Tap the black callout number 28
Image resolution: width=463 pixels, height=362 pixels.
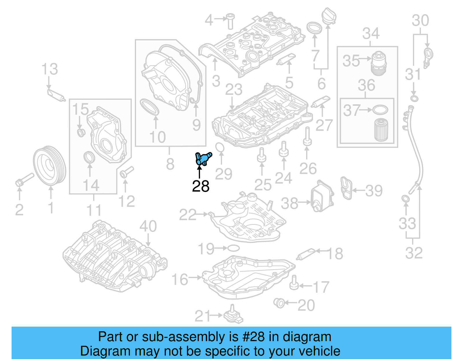click(x=201, y=186)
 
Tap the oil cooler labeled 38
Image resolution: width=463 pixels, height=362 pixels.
click(x=322, y=197)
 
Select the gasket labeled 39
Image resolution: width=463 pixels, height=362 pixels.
click(x=346, y=188)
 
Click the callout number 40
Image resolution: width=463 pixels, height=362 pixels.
click(x=148, y=226)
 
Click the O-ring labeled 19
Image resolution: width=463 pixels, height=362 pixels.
click(x=233, y=248)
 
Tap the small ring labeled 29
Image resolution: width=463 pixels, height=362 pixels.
click(x=220, y=147)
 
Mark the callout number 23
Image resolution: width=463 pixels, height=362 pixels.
click(x=234, y=90)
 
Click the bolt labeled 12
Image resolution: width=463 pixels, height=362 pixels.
click(x=126, y=172)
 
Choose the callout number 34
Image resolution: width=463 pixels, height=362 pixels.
click(x=371, y=34)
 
